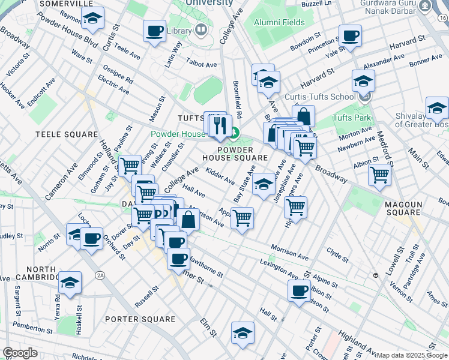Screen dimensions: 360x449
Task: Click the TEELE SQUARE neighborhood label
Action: [x=67, y=134]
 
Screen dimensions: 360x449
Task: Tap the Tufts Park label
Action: [x=351, y=118]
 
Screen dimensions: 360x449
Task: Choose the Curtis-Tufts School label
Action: [x=326, y=97]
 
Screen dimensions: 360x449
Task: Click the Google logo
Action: [x=20, y=352]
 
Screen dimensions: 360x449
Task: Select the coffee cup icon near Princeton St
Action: [x=349, y=35]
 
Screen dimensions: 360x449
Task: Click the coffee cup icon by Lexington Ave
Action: [x=298, y=292]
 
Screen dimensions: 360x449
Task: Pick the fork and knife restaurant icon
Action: [x=221, y=125]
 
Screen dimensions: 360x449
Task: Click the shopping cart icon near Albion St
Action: [x=379, y=175]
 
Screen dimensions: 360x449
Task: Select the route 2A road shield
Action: [x=100, y=275]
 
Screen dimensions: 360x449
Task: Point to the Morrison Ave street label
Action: [x=289, y=252]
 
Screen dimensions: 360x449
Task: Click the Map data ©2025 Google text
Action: [x=412, y=355]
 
